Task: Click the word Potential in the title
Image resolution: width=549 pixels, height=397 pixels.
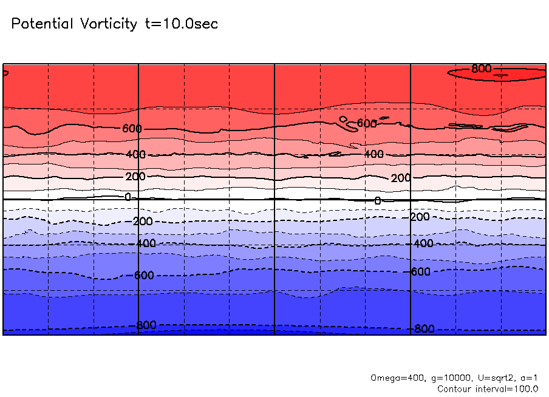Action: click(x=41, y=24)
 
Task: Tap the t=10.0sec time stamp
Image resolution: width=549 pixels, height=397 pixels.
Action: click(x=180, y=24)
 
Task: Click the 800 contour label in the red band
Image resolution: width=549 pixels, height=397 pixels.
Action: click(x=482, y=69)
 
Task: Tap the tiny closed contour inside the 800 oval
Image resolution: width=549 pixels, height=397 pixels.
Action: click(x=501, y=75)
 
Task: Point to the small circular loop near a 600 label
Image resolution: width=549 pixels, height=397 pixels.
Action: click(x=343, y=119)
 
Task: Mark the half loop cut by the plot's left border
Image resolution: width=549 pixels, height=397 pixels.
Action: click(x=5, y=73)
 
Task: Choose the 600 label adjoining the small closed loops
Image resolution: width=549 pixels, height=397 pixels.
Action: click(x=367, y=123)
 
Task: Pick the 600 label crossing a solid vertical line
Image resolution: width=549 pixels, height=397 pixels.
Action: click(x=132, y=129)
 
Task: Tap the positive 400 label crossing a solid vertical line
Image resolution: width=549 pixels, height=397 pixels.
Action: click(x=136, y=155)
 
